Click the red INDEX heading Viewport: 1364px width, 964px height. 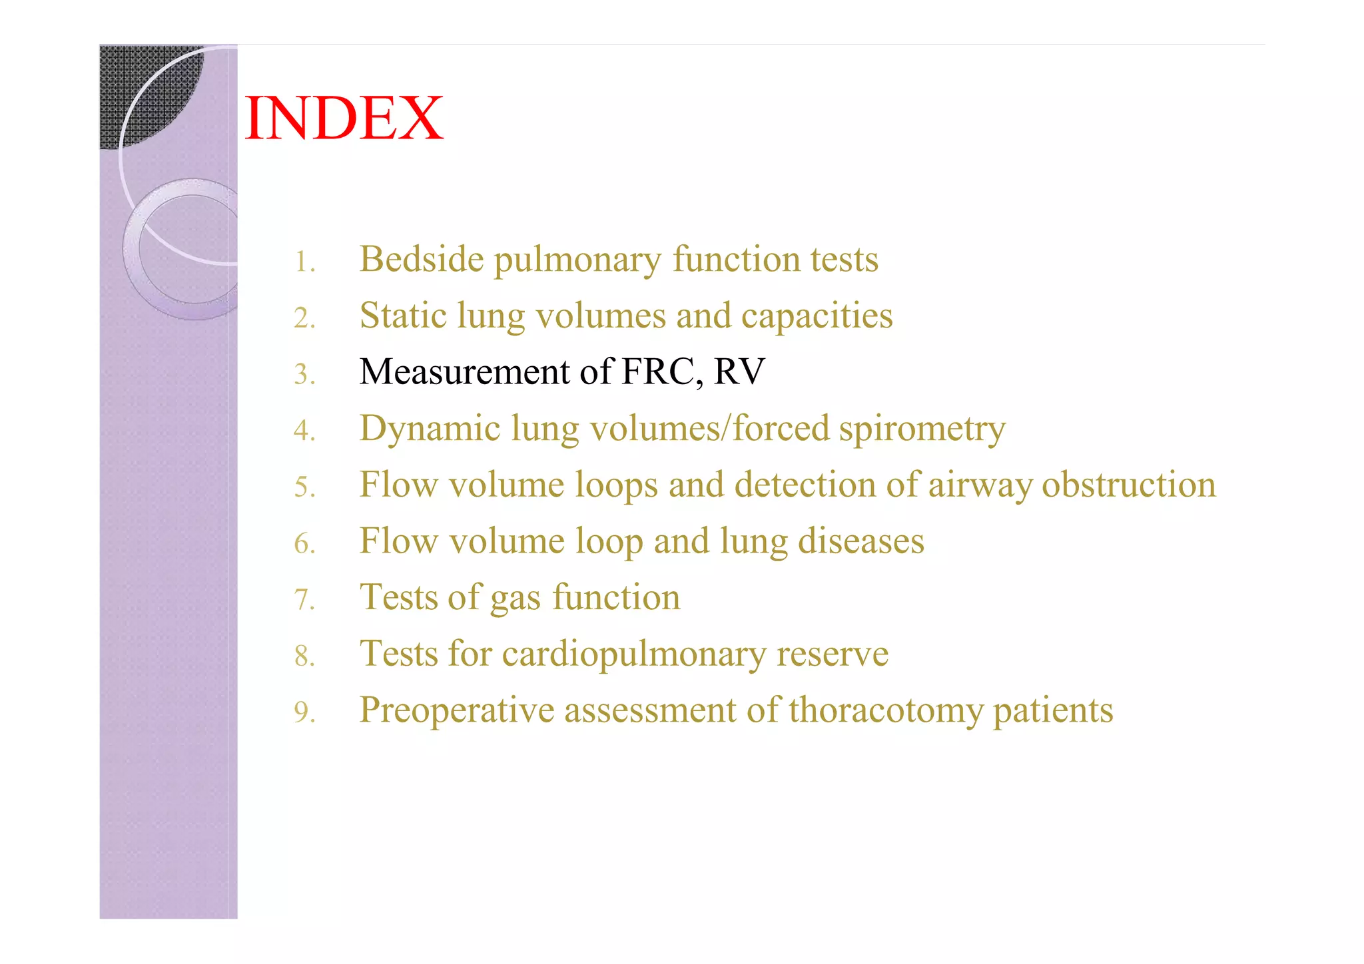pos(344,118)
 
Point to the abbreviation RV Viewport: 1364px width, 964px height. pos(739,371)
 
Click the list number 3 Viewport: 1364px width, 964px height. pos(304,374)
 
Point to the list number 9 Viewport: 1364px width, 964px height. pos(304,713)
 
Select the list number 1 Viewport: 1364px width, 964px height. pos(304,262)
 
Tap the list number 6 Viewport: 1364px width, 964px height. pos(304,544)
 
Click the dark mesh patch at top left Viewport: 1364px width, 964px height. pos(133,87)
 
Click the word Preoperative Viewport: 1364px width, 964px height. pos(457,710)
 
